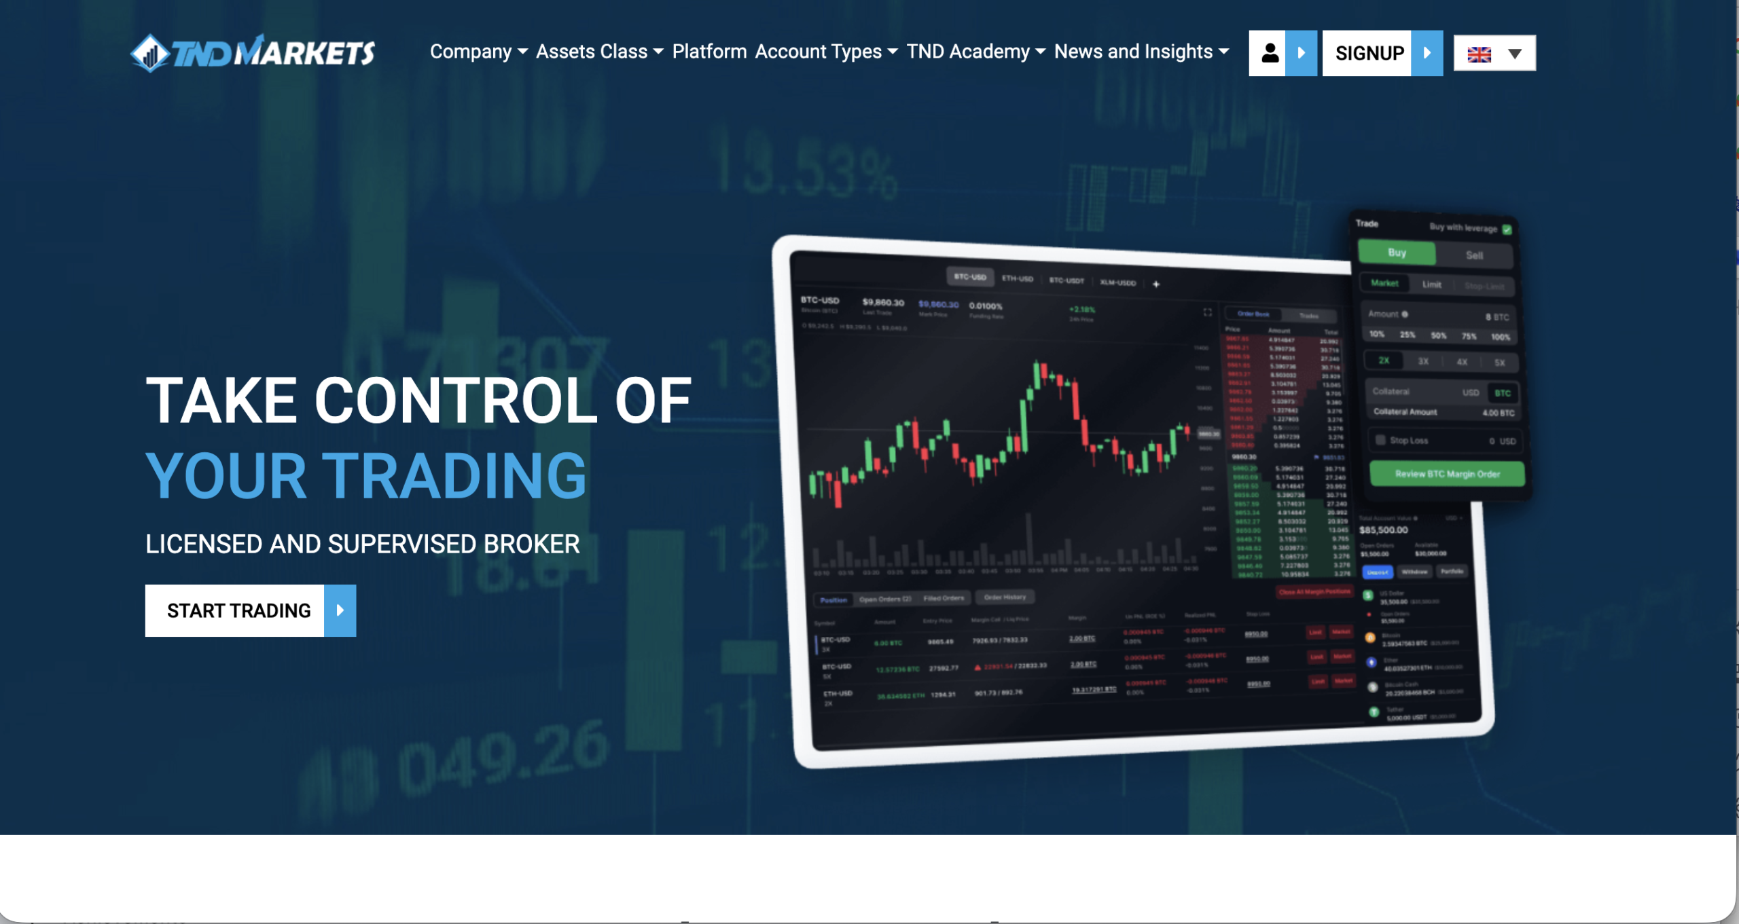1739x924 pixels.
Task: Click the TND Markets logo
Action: coord(253,53)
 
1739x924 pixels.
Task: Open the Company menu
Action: coord(478,52)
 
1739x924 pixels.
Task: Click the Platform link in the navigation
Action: coord(709,52)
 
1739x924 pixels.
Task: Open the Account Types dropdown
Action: coord(826,52)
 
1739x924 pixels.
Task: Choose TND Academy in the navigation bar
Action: coord(975,52)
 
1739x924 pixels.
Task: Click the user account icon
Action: coord(1269,53)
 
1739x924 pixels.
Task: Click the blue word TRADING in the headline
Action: coord(454,476)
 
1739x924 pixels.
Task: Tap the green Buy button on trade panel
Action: coord(1397,253)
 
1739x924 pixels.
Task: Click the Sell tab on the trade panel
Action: coord(1474,255)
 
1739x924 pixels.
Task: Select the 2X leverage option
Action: coord(1384,361)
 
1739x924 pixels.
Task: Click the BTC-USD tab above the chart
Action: coord(969,277)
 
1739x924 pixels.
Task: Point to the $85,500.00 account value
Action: coord(1383,530)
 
